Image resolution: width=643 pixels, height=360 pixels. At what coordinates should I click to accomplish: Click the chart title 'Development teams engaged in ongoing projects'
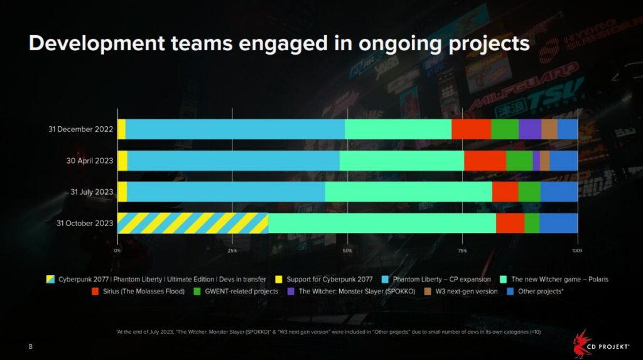click(279, 43)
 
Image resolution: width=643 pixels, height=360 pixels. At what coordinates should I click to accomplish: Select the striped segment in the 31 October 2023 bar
click(193, 223)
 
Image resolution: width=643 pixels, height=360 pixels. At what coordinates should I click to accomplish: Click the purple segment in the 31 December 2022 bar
click(530, 129)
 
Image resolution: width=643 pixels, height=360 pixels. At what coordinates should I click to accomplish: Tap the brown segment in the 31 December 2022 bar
click(549, 129)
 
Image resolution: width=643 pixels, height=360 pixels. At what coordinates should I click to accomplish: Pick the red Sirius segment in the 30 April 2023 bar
click(485, 160)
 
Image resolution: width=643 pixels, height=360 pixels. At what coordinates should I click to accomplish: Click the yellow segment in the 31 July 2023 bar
click(122, 192)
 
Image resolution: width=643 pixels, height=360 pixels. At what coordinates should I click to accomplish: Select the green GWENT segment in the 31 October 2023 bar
click(532, 223)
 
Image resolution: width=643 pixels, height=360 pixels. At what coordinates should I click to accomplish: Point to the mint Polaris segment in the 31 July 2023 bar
click(408, 192)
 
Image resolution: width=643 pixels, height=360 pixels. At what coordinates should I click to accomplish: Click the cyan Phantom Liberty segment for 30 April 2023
click(233, 160)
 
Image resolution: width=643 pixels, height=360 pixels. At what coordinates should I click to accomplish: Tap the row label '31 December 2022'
click(80, 129)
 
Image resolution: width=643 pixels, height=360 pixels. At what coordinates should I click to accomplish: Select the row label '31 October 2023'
click(85, 223)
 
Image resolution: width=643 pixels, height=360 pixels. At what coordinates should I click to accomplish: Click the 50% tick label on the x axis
click(347, 251)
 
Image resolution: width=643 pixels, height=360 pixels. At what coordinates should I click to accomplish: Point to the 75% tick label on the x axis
click(462, 251)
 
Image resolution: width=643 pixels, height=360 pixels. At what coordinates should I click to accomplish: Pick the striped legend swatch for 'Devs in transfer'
click(50, 279)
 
